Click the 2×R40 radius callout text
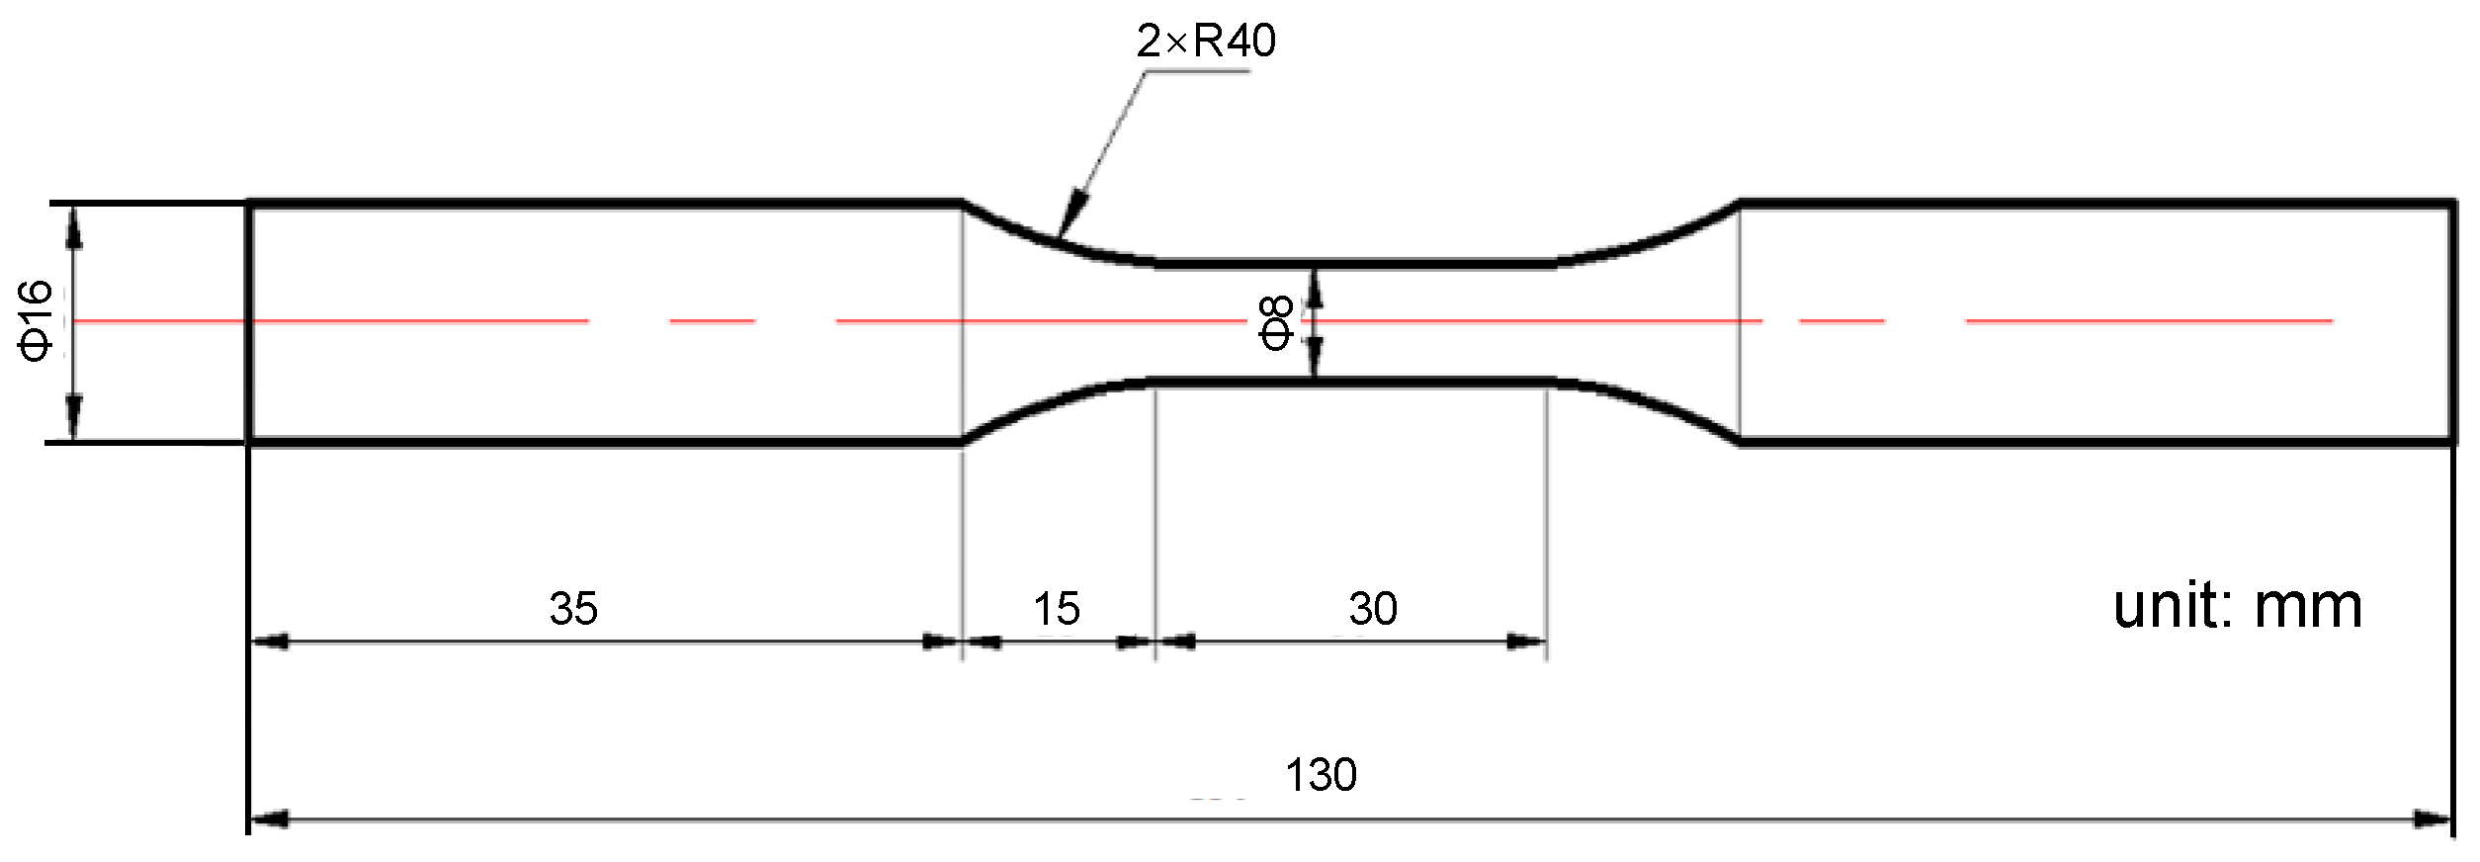pos(1206,42)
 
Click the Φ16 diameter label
pos(36,320)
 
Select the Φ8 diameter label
pos(1275,322)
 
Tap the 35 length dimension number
pos(573,609)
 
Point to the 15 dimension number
pos(1057,609)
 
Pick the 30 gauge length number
pos(1373,609)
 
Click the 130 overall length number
pos(1321,775)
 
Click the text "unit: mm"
pos(2237,606)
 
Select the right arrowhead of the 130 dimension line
pos(2433,819)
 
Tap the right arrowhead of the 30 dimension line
pos(1526,643)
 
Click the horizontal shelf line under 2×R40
pos(1196,72)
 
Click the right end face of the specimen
pos(2453,322)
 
